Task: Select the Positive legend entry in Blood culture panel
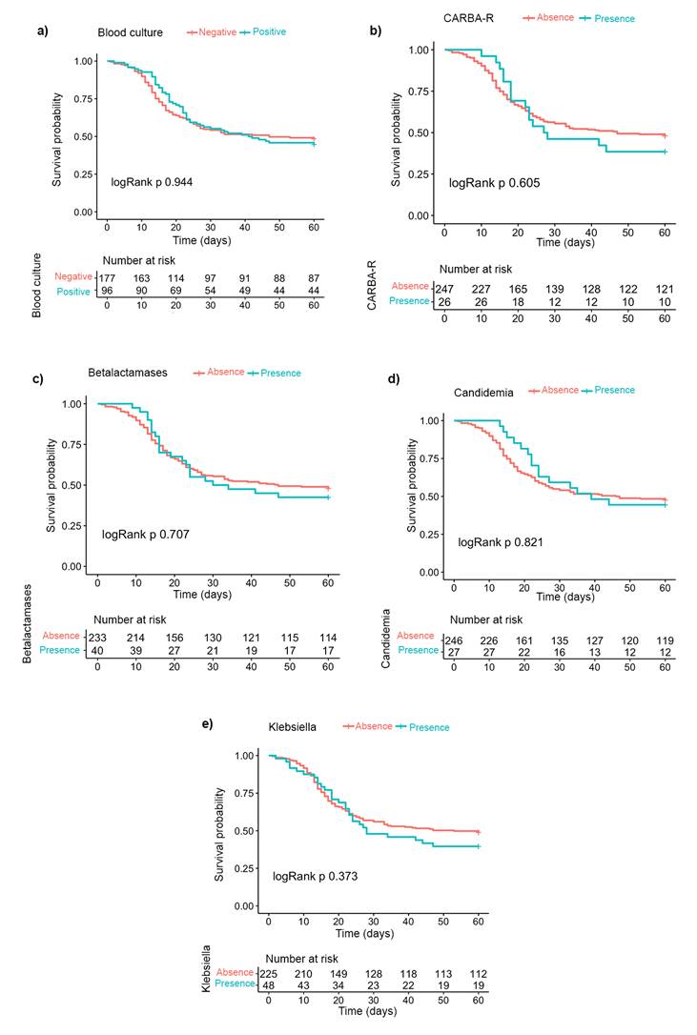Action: (263, 32)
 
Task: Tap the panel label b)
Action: (376, 30)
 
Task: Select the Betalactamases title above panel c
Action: (138, 374)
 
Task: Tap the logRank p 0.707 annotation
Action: (145, 535)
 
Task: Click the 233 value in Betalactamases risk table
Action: (97, 638)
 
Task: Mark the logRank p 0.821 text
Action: (502, 541)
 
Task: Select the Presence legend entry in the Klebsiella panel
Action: (422, 727)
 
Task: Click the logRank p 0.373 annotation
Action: (317, 875)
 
